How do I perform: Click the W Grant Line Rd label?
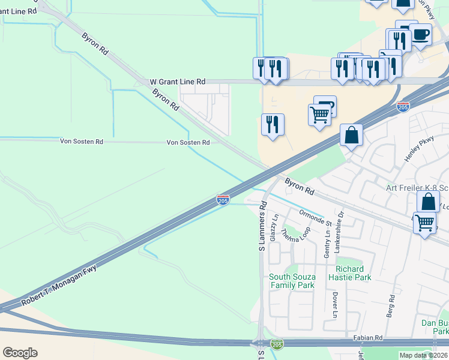click(177, 82)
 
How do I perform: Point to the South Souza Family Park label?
click(292, 281)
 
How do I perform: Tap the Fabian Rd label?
click(370, 338)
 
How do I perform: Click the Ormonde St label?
click(307, 214)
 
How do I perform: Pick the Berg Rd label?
click(391, 305)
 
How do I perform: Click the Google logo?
click(20, 353)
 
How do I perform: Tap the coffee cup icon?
click(421, 35)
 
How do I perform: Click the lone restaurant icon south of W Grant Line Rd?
click(273, 124)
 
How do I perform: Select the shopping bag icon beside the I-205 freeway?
click(352, 135)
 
